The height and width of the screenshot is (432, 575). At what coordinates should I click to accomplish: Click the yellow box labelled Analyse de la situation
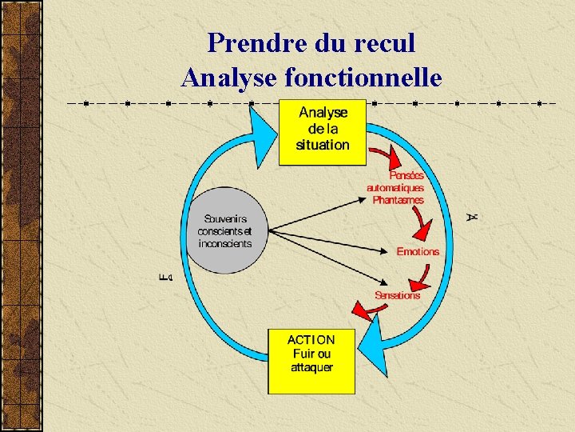pos(322,130)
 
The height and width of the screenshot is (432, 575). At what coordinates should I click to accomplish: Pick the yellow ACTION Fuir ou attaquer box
pos(311,361)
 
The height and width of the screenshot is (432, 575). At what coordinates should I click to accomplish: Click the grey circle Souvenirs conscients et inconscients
pos(226,230)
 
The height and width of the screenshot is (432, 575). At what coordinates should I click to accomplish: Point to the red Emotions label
pos(418,251)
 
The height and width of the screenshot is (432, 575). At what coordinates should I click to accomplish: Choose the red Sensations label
pos(397,295)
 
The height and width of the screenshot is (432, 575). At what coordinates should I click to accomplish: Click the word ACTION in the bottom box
pos(311,340)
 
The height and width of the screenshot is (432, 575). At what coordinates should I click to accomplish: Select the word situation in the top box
pos(322,145)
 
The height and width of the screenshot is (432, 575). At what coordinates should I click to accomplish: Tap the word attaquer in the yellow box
pos(311,367)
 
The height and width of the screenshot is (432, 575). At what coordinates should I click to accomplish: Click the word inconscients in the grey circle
pos(220,244)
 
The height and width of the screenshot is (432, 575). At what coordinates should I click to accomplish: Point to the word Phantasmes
pos(398,200)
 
